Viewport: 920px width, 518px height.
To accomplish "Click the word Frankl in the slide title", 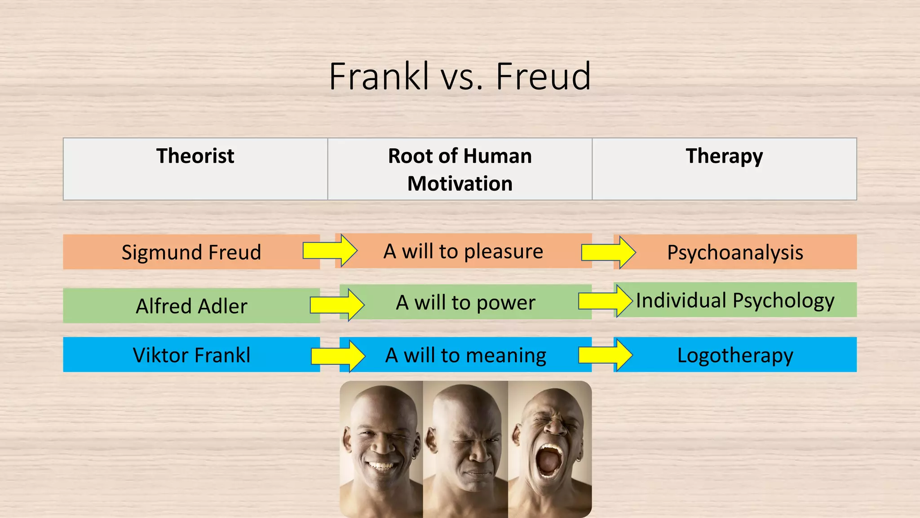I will point(379,76).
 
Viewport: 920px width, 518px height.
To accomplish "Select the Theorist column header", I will point(195,156).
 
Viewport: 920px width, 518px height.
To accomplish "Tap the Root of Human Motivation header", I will point(460,170).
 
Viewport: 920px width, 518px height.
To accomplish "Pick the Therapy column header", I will point(724,156).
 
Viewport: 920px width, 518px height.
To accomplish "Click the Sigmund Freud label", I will point(191,252).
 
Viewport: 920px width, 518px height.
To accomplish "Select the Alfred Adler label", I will point(191,306).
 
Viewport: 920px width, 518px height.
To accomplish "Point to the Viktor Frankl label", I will point(191,355).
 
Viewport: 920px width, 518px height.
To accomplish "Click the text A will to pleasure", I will point(463,251).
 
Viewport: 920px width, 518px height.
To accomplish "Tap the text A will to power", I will point(465,303).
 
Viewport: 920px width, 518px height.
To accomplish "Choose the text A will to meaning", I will point(466,355).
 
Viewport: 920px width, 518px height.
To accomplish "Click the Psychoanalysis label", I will point(735,252).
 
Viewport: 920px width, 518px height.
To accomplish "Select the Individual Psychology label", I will point(735,300).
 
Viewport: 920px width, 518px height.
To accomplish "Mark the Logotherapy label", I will point(735,355).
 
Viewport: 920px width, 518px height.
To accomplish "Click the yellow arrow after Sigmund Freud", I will point(330,250).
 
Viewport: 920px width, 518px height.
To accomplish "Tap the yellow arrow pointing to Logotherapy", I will point(605,355).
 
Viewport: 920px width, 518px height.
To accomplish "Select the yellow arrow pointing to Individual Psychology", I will point(605,300).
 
